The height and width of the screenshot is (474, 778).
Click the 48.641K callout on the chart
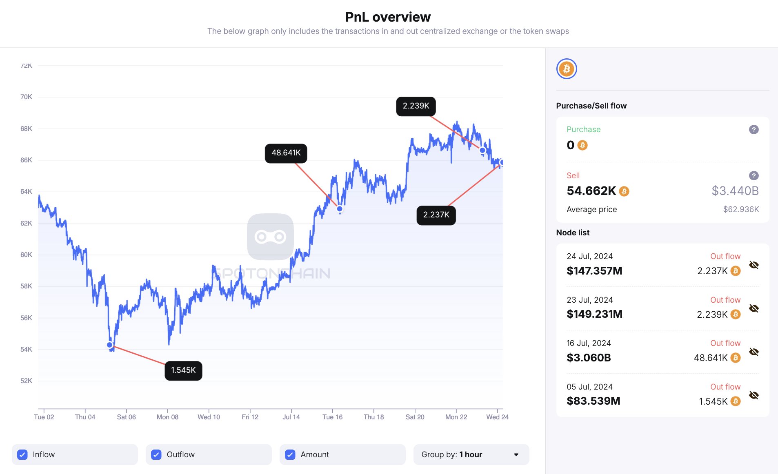[286, 153]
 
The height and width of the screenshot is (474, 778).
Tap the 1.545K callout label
[183, 370]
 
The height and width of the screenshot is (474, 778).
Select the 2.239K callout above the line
[416, 106]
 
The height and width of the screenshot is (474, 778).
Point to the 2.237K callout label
[436, 215]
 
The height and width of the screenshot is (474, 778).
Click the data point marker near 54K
[110, 345]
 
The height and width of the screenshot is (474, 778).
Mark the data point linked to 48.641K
[340, 209]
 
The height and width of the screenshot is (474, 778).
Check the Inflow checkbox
[22, 454]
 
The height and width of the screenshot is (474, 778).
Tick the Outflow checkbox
[156, 454]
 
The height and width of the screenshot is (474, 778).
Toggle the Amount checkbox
[290, 454]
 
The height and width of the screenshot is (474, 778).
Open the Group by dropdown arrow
[516, 455]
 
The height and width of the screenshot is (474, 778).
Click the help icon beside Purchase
[754, 130]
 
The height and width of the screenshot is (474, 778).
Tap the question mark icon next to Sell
[754, 176]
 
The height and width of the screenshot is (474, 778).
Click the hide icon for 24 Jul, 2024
[754, 265]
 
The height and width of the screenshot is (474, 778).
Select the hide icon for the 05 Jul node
[754, 395]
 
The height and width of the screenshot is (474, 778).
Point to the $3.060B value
[589, 358]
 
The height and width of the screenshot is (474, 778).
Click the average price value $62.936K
[741, 210]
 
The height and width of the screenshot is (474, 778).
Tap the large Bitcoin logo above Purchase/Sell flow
[567, 69]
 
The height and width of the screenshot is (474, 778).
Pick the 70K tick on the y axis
[26, 97]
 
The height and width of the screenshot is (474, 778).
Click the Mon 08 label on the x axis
[167, 417]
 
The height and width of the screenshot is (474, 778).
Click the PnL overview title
[388, 17]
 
